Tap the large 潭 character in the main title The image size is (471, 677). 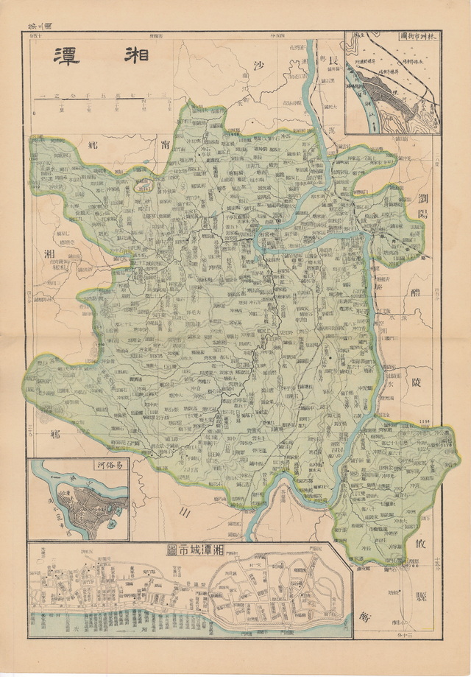pos(68,57)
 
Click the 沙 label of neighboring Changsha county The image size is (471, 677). pos(258,65)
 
